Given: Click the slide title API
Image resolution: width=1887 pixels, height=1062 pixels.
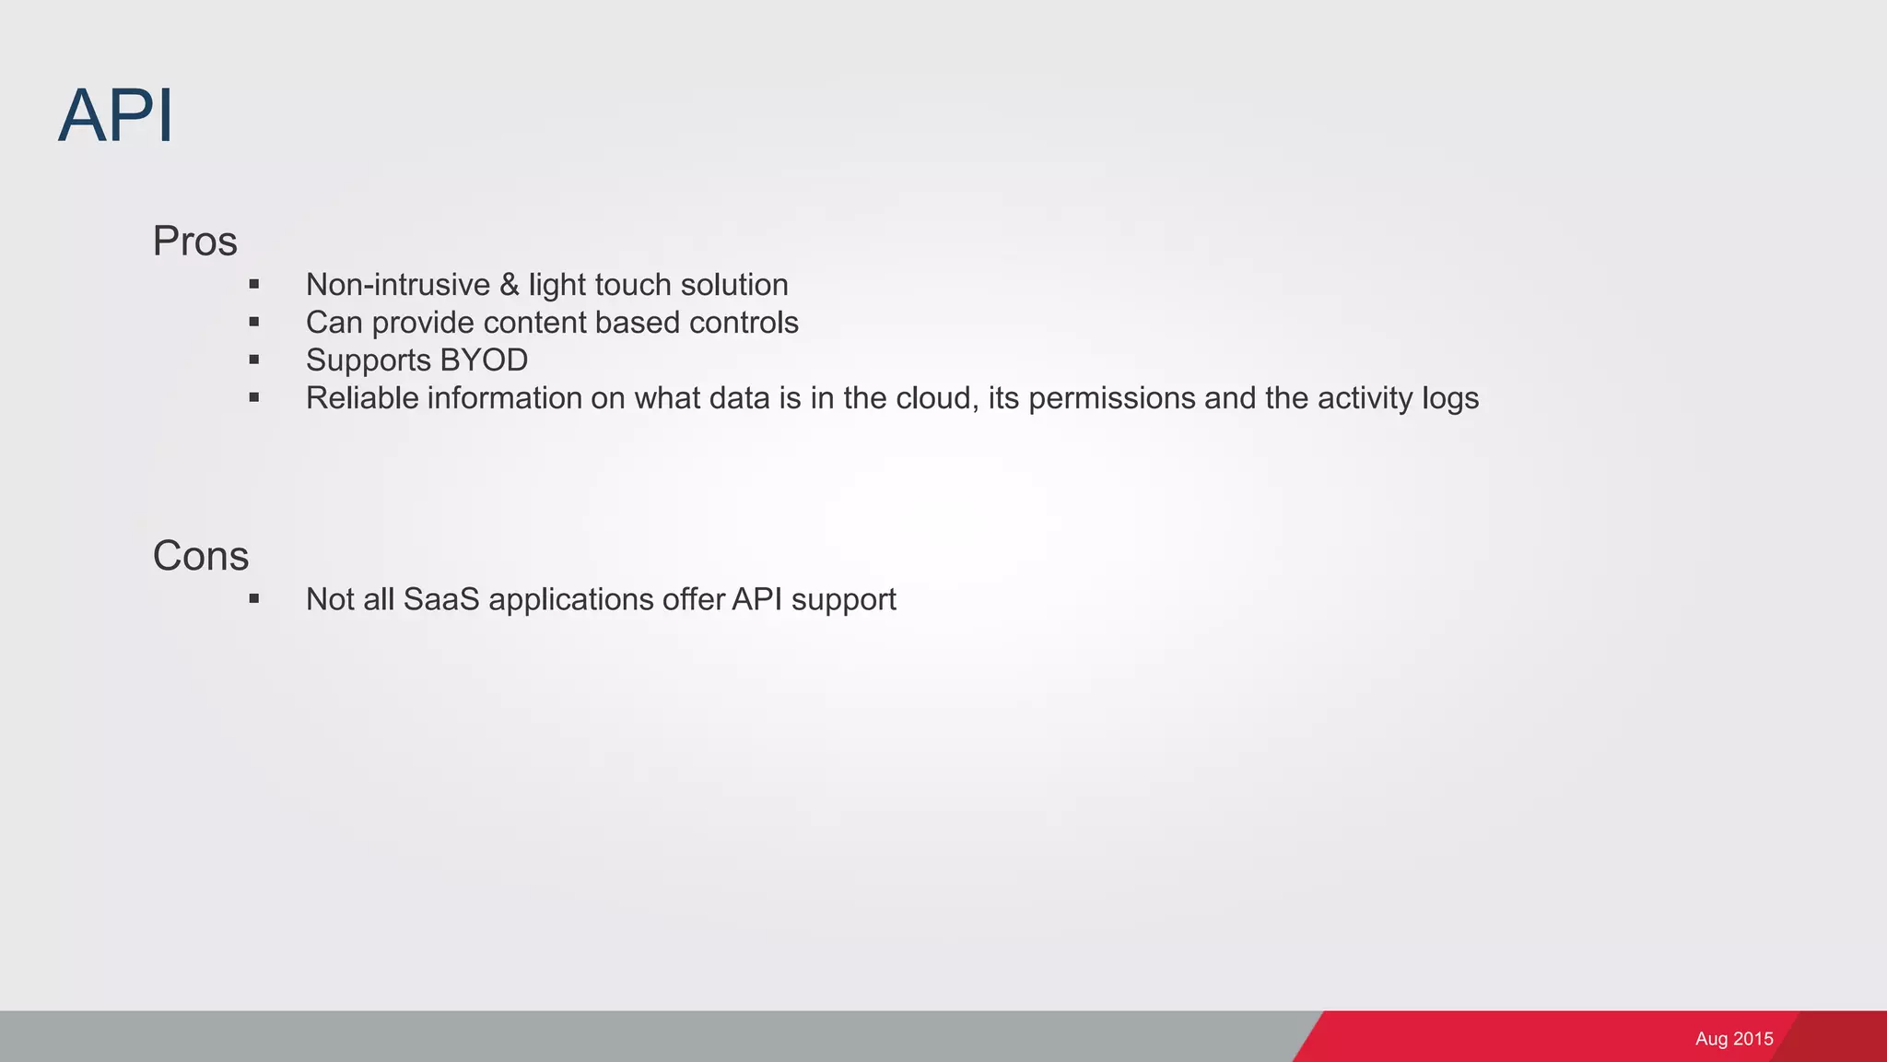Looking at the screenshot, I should tap(116, 116).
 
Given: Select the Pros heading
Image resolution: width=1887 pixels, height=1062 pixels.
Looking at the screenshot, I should tap(194, 242).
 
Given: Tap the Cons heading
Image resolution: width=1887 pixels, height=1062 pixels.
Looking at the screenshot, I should tap(201, 556).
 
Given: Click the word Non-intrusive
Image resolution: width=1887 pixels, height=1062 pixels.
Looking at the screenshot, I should tap(398, 285).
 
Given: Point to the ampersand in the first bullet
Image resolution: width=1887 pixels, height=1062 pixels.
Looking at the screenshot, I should tap(510, 285).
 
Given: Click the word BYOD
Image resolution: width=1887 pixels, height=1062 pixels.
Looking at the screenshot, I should tap(484, 360).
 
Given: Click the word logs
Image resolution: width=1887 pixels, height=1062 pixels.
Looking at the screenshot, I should tap(1450, 398).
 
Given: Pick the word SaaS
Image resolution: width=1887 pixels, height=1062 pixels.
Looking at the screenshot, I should tap(441, 599).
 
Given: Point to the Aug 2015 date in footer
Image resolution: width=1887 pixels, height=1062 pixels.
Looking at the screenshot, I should tap(1734, 1039).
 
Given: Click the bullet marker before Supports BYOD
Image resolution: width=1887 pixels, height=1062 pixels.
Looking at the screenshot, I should tap(254, 360).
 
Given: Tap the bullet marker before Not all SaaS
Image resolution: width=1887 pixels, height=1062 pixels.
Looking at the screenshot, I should tap(254, 599).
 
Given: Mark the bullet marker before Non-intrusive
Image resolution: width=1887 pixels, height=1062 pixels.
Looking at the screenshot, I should tap(254, 285).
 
